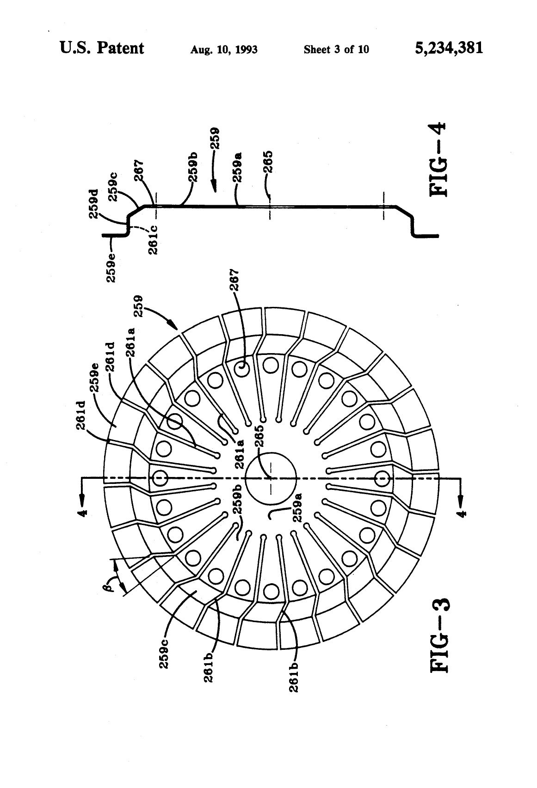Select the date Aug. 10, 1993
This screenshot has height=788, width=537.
[224, 49]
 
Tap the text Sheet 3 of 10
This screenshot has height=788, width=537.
[336, 49]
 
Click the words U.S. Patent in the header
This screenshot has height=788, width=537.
[102, 48]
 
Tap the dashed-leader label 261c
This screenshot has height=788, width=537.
[154, 240]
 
